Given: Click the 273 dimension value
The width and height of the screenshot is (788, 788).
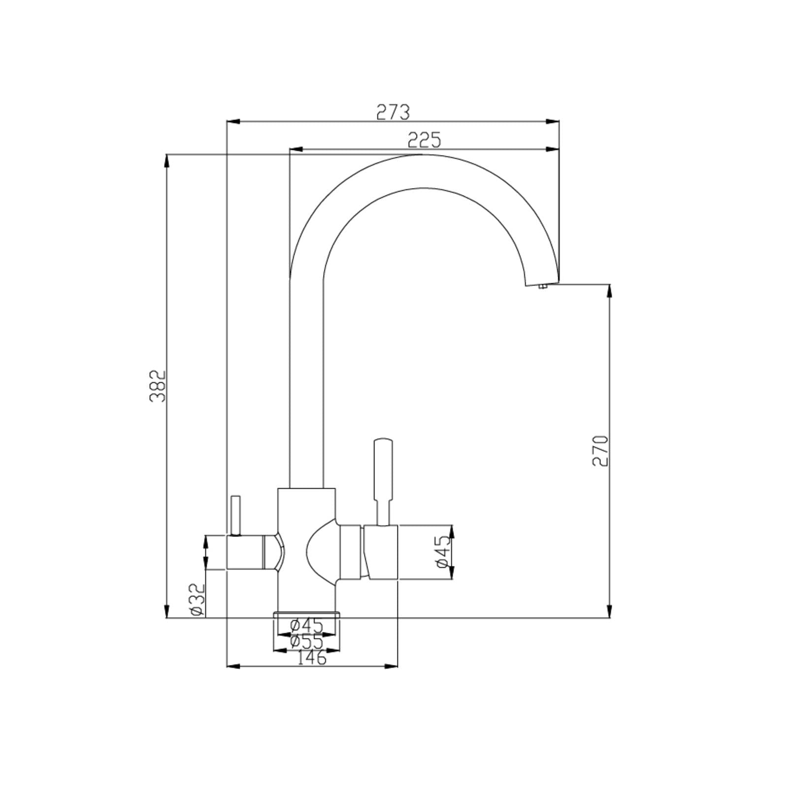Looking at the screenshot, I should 393,113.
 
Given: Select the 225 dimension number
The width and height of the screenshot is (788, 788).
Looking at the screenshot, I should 424,141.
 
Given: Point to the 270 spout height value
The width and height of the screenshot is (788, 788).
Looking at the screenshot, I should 600,450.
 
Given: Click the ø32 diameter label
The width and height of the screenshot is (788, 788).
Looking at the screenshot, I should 197,600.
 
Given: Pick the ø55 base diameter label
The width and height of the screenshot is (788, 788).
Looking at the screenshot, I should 306,642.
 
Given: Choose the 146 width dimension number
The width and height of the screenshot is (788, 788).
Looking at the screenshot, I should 312,658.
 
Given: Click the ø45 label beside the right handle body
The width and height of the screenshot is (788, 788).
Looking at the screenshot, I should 443,551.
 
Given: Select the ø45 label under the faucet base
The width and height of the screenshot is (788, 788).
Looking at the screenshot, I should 306,625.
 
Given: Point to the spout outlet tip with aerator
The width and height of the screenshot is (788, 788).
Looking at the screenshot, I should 542,285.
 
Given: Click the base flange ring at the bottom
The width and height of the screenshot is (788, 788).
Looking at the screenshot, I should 306,614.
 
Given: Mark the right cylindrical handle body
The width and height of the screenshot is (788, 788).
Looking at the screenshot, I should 381,552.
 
